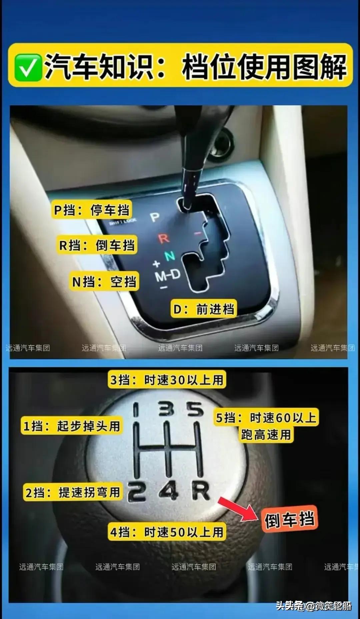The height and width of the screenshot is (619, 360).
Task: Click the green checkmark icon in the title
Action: [x=28, y=67]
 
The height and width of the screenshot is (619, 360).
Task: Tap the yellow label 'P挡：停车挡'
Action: [x=92, y=210]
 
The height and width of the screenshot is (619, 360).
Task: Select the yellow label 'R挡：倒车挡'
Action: [x=97, y=245]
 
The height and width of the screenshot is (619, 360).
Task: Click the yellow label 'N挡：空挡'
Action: [x=104, y=282]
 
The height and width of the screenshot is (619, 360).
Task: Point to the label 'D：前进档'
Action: [x=204, y=309]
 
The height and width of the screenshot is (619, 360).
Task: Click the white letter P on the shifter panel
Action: [x=155, y=217]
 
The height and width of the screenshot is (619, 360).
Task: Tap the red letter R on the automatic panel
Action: [x=164, y=238]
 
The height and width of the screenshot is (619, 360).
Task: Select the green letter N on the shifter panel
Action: [x=170, y=256]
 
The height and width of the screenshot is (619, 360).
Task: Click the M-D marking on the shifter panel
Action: [x=168, y=275]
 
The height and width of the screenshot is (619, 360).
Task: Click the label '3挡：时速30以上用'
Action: [x=167, y=380]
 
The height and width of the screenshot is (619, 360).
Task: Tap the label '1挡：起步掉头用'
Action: [x=72, y=426]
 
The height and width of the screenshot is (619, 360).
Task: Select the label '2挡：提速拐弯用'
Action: [x=73, y=492]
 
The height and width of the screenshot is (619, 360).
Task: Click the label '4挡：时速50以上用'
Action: [x=167, y=532]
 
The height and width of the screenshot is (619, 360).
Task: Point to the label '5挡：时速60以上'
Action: [x=266, y=418]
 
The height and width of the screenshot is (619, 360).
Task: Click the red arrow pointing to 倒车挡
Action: [x=238, y=509]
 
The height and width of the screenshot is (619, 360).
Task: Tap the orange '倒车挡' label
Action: [x=289, y=519]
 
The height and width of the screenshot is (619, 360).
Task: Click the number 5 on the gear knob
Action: [x=195, y=409]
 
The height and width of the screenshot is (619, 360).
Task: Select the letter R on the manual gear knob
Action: [x=201, y=491]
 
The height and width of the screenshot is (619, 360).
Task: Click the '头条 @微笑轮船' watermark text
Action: [x=314, y=605]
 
